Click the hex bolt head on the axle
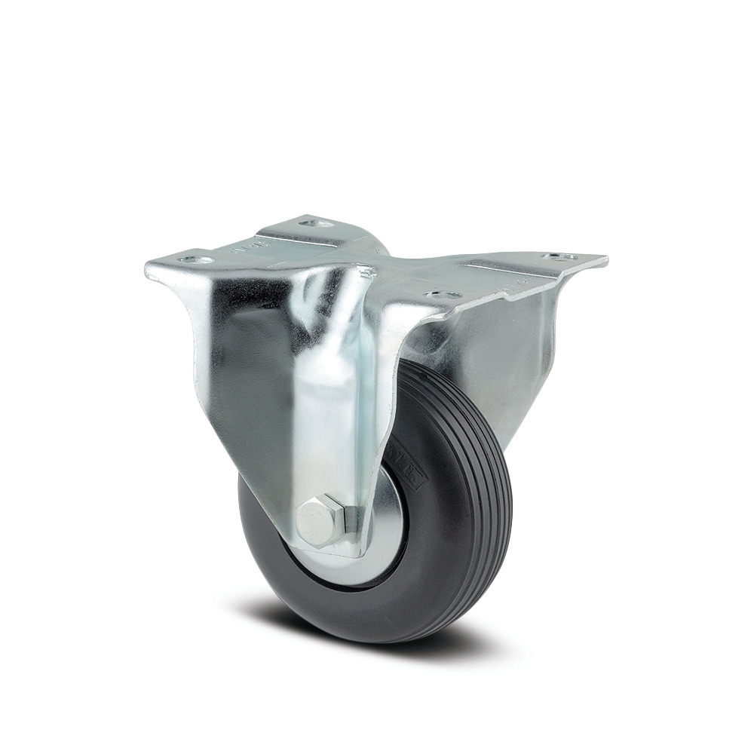[x=316, y=520]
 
